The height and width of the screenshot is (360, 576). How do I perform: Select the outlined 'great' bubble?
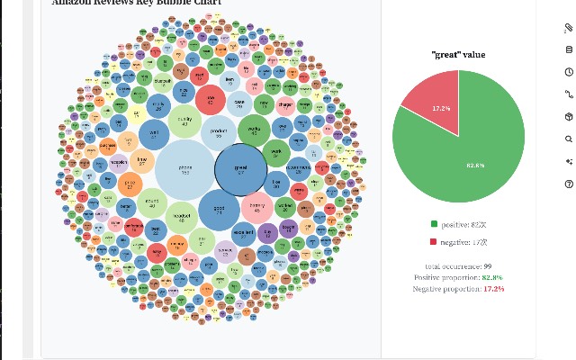click(240, 168)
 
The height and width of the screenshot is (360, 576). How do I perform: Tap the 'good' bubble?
click(219, 210)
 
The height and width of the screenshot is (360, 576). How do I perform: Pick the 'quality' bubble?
click(184, 121)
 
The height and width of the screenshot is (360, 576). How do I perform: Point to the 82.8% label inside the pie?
click(475, 165)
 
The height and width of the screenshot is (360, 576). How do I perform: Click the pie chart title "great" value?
click(458, 55)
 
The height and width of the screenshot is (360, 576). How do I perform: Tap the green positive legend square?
click(434, 224)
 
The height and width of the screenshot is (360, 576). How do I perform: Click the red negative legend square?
click(434, 242)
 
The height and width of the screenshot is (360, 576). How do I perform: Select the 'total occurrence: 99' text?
click(458, 266)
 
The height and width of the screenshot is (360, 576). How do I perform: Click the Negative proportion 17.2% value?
click(493, 289)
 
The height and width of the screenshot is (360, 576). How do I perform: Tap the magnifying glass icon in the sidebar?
click(569, 139)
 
